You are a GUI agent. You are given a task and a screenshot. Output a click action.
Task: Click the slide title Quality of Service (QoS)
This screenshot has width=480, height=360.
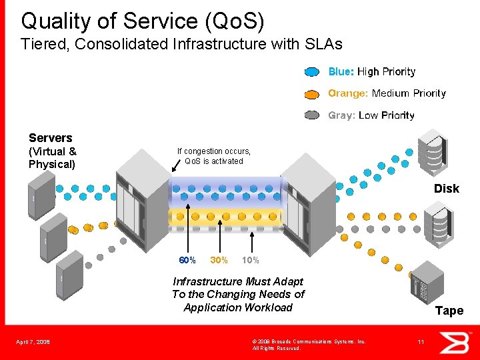[143, 21]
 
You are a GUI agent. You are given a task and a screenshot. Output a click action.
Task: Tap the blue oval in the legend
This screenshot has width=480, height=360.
[313, 72]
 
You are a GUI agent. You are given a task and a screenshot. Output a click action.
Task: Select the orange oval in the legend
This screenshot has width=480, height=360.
[313, 94]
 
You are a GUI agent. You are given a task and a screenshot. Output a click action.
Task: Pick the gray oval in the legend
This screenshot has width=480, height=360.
[313, 115]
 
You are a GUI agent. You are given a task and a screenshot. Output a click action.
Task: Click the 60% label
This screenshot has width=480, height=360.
[187, 259]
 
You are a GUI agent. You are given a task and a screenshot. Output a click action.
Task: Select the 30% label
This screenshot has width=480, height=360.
[219, 259]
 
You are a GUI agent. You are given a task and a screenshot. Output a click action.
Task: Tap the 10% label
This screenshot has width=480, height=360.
[251, 259]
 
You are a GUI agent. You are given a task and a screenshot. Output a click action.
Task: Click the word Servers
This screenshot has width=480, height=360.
[51, 138]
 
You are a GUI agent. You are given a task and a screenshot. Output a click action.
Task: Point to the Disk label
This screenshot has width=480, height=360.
[446, 189]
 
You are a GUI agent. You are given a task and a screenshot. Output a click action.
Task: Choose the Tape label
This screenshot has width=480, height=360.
[449, 311]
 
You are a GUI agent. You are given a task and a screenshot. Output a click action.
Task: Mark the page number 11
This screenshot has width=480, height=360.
[420, 342]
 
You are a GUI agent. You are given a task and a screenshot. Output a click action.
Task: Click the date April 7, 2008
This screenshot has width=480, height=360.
[33, 342]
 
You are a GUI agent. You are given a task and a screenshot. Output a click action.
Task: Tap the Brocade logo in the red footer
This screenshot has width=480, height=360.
[458, 342]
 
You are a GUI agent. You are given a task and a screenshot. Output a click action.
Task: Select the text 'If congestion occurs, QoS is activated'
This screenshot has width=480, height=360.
[214, 156]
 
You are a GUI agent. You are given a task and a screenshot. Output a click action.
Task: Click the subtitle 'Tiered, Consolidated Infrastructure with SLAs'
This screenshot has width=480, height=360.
[181, 45]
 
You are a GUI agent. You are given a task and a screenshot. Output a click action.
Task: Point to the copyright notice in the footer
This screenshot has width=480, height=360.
[309, 345]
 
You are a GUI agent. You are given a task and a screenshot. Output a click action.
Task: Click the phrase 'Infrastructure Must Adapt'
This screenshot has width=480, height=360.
[238, 281]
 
